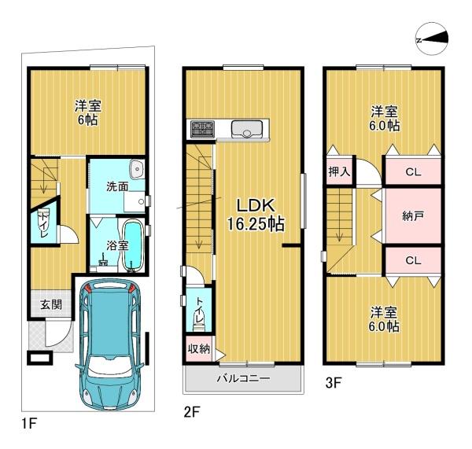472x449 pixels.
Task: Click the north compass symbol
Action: click(432, 39)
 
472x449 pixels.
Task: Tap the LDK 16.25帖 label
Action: click(256, 215)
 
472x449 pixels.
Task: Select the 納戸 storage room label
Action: click(413, 215)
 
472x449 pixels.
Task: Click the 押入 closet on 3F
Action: click(340, 171)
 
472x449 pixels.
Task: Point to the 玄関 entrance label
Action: click(51, 304)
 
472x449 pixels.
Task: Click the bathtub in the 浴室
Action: click(133, 245)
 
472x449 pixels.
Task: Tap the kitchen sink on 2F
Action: click(247, 130)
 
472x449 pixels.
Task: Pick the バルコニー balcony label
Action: click(243, 378)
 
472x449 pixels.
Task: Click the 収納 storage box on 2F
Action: click(199, 348)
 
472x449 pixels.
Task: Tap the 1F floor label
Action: click(29, 424)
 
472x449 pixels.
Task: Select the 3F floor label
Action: click(333, 383)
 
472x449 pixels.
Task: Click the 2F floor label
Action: click(192, 412)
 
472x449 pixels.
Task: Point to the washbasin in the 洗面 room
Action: click(137, 168)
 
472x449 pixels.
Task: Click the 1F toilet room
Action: click(44, 222)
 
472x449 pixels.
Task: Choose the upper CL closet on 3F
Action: click(413, 171)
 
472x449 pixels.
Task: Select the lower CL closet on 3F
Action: click(413, 260)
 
